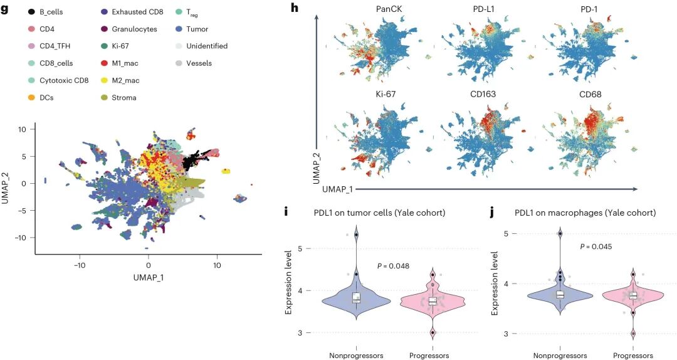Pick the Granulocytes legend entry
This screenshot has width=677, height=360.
click(x=134, y=29)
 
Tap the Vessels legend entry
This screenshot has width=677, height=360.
click(x=199, y=63)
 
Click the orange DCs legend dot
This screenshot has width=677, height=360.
click(x=31, y=97)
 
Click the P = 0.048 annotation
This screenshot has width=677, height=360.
click(x=393, y=266)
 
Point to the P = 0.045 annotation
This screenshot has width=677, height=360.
click(x=596, y=246)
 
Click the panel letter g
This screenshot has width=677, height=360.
click(x=4, y=9)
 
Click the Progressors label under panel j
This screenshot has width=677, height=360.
click(x=633, y=355)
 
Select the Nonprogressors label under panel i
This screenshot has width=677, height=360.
click(x=355, y=355)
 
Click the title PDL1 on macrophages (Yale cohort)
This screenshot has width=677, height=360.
click(x=585, y=213)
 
